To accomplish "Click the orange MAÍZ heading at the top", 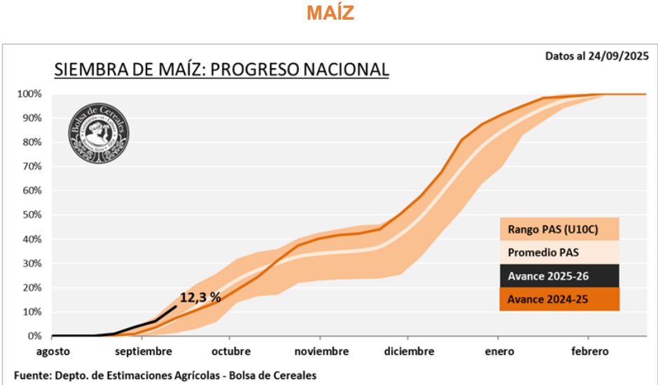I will pyautogui.click(x=330, y=13).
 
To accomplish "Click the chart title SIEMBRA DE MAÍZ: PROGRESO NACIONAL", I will pyautogui.click(x=221, y=69).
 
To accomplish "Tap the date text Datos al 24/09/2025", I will pyautogui.click(x=597, y=55).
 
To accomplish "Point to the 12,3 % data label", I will pyautogui.click(x=200, y=297).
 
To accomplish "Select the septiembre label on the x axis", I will pyautogui.click(x=142, y=351).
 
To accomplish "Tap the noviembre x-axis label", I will pyautogui.click(x=321, y=351).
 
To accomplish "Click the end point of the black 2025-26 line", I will pyautogui.click(x=176, y=306).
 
